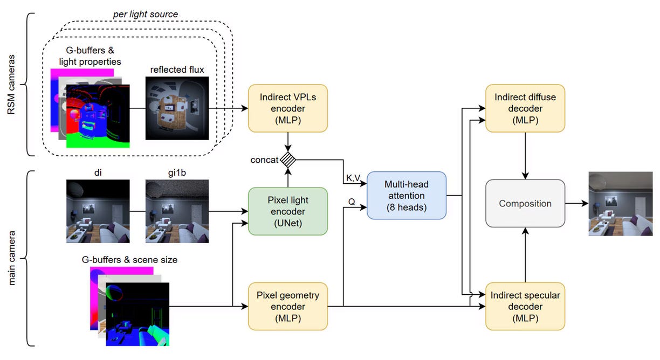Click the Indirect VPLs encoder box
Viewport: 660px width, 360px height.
pos(288,108)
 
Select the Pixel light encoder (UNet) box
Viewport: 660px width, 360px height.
pos(288,211)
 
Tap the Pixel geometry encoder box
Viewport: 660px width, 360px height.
pos(288,307)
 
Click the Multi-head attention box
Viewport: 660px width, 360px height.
pos(407,196)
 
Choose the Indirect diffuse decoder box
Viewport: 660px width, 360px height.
pos(525,108)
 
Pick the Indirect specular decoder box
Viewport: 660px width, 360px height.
pos(525,307)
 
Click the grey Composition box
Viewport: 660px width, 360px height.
pos(525,203)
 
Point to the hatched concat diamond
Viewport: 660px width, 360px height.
pos(288,160)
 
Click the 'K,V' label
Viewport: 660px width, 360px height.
pos(353,178)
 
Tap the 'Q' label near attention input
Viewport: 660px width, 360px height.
pos(352,202)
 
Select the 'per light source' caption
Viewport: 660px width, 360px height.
pos(146,14)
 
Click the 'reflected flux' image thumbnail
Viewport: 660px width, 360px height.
pos(177,108)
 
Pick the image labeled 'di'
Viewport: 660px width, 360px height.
pos(98,211)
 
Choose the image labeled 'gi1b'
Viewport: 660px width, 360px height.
pos(177,211)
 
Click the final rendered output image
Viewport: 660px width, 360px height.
pos(621,204)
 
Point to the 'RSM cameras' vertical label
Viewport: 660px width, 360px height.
pos(11,85)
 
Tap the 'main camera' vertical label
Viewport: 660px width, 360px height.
pos(11,258)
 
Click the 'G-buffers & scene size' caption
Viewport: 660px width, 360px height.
pos(129,260)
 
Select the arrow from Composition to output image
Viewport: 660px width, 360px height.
pos(577,203)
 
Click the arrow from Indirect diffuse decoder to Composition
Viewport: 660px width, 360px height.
pos(525,156)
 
